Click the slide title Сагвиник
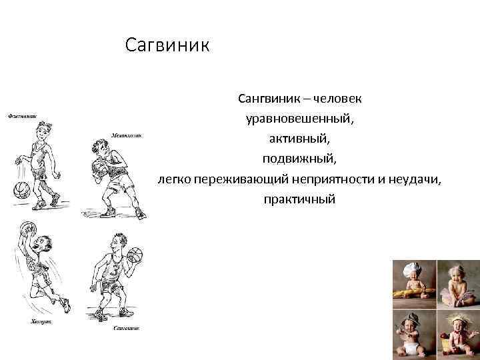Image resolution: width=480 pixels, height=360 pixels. [x=167, y=47]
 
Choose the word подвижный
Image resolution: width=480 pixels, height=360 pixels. [x=299, y=159]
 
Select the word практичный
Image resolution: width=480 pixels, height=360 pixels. [x=299, y=199]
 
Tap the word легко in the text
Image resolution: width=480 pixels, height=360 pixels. [x=173, y=179]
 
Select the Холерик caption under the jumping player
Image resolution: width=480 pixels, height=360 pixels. [x=41, y=321]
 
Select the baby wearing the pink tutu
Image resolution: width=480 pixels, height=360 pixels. [x=457, y=283]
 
